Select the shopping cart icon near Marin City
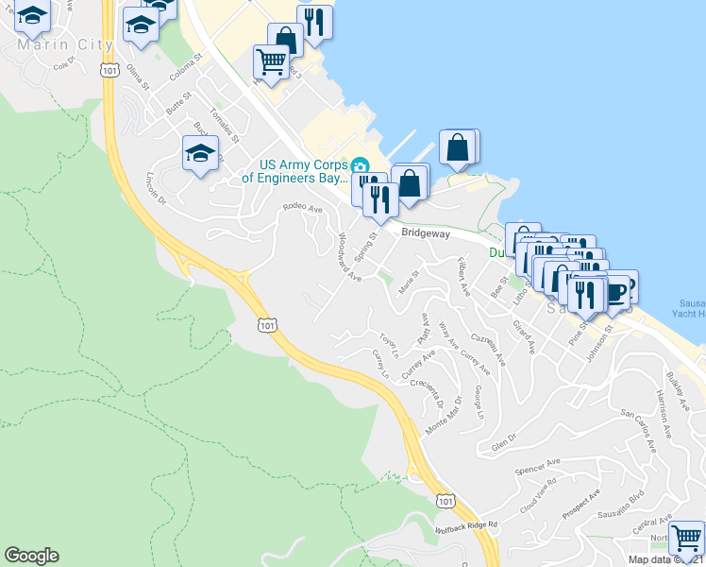tap(271, 62)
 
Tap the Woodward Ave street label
tap(349, 258)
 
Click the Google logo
tap(31, 556)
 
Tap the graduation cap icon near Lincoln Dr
tap(200, 154)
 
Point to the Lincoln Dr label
tap(155, 188)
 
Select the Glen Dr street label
tap(504, 441)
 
